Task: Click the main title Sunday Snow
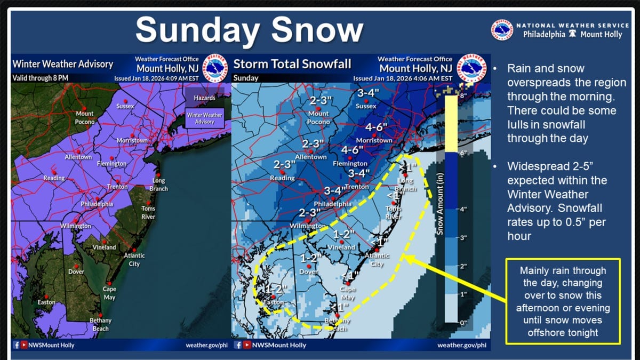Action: [x=250, y=30]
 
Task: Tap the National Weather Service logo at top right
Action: [x=502, y=30]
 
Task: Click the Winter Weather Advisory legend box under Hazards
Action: [x=205, y=118]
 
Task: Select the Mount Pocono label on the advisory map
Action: [x=84, y=117]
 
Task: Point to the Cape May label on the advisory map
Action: [x=109, y=293]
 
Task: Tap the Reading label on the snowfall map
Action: [x=282, y=178]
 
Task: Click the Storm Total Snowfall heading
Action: [x=292, y=65]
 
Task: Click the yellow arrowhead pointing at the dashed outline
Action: [x=406, y=259]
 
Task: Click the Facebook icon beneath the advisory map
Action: [x=15, y=345]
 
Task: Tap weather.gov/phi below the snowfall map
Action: [x=461, y=345]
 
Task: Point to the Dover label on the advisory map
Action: [x=76, y=271]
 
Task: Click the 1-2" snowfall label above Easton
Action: [x=277, y=290]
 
